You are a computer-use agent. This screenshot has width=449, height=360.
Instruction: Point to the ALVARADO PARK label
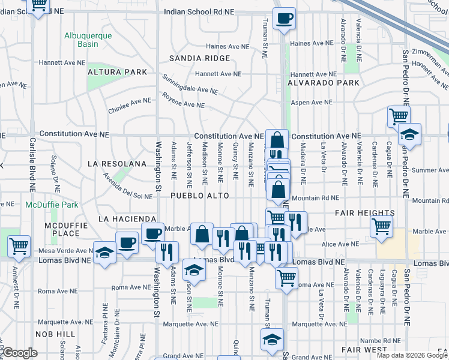tap(323, 83)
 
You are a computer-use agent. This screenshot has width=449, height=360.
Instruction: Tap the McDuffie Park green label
tap(52, 205)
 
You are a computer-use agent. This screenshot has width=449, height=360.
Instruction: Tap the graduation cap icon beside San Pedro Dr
tap(410, 134)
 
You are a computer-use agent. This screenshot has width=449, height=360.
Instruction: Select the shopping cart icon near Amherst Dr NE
tap(19, 245)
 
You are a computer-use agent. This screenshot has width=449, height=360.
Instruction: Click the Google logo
tap(19, 353)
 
